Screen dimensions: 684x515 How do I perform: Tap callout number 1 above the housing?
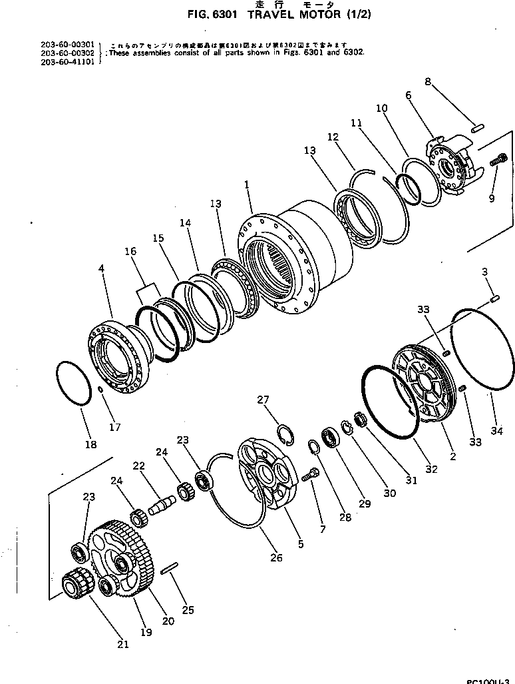pyautogui.click(x=247, y=189)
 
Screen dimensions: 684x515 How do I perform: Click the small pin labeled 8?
pyautogui.click(x=476, y=127)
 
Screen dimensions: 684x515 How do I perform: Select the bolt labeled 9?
pyautogui.click(x=498, y=161)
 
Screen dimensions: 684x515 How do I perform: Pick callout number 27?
pyautogui.click(x=263, y=399)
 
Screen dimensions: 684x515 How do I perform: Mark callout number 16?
pyautogui.click(x=130, y=251)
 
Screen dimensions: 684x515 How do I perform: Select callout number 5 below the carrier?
pyautogui.click(x=300, y=544)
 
